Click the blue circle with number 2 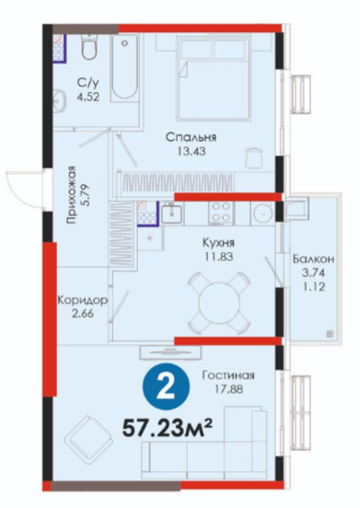coord(167,387)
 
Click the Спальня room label coord(191,137)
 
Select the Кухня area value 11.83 coord(219,257)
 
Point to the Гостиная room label coord(228,375)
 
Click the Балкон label coord(313,259)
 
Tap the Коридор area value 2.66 coord(83,314)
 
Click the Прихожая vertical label coord(71,195)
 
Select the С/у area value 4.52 coord(87,97)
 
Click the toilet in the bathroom coord(89,48)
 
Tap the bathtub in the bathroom coord(124,69)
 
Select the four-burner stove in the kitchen coord(221,213)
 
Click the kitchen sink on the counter coord(171,213)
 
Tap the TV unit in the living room coord(170,352)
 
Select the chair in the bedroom coord(253,157)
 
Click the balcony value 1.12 coord(313,286)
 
